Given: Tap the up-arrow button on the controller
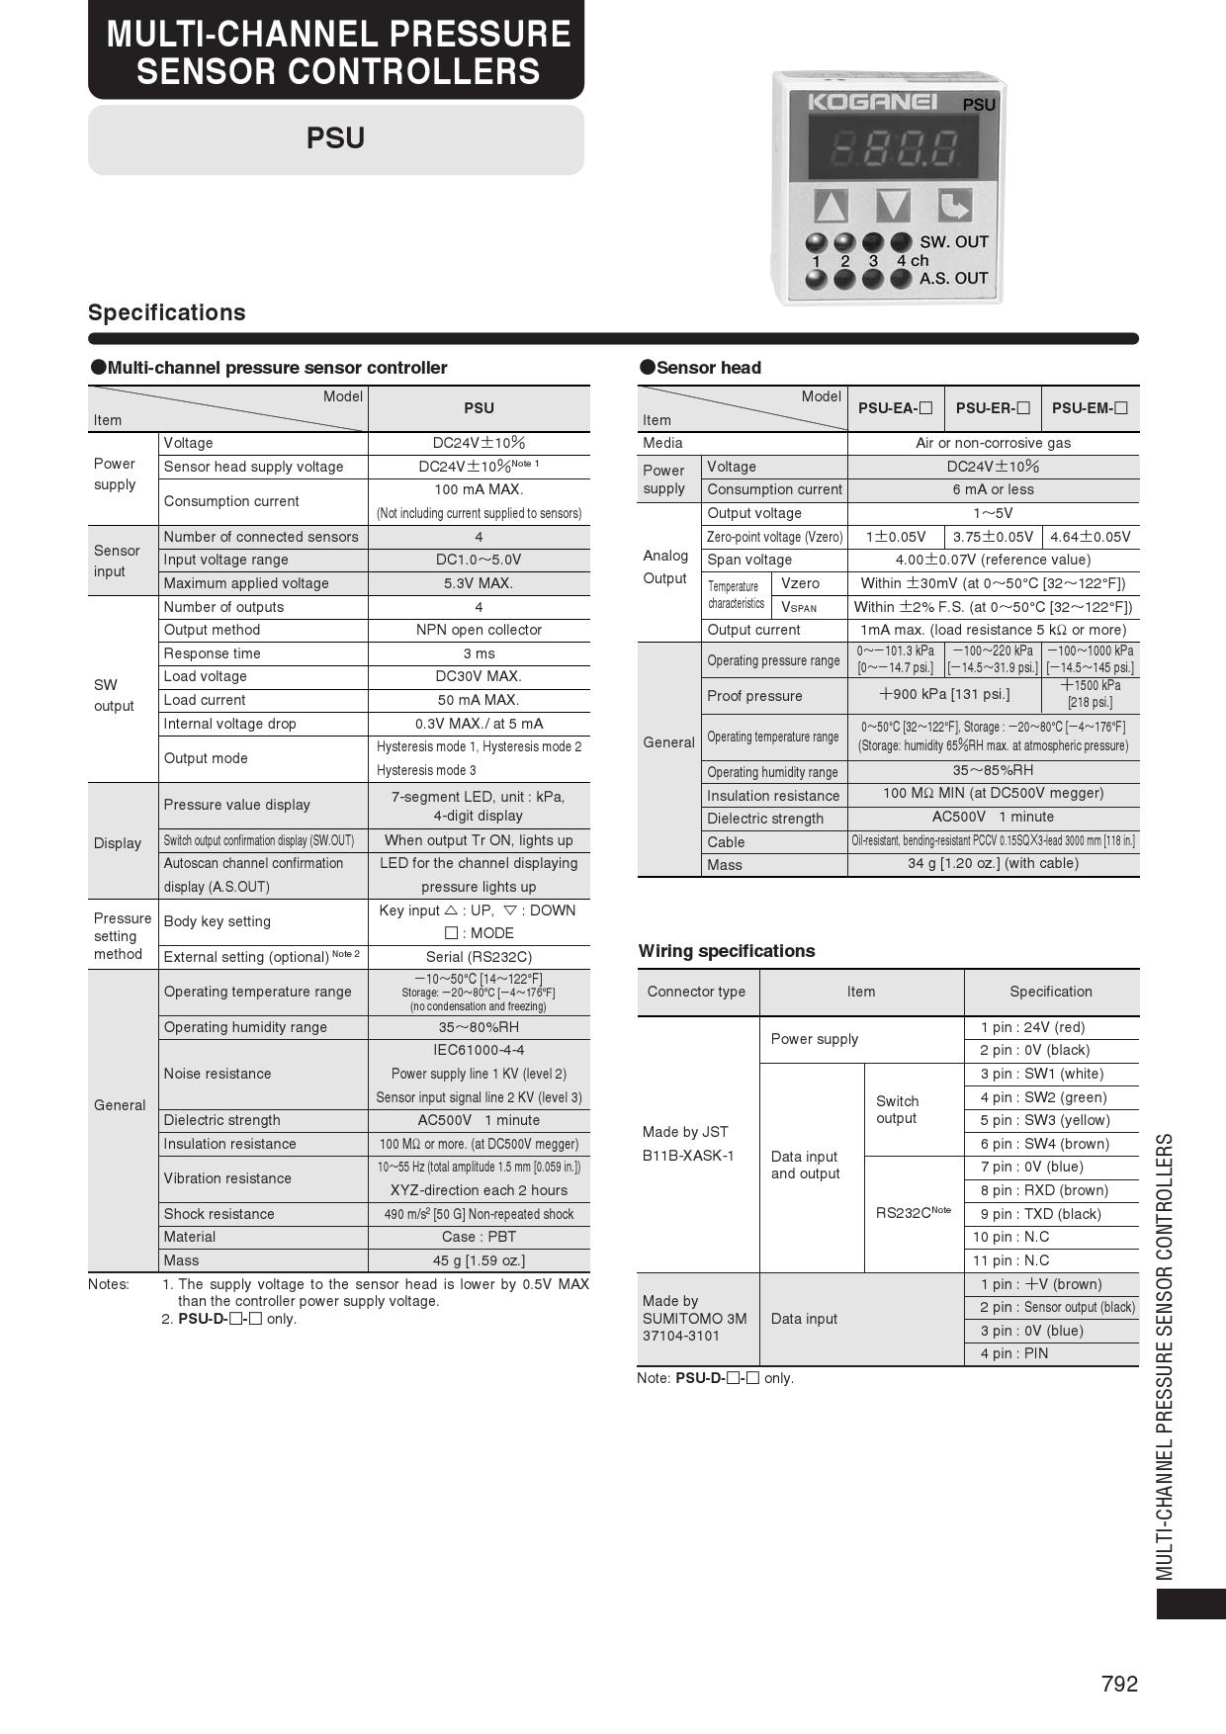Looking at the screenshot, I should pyautogui.click(x=831, y=206).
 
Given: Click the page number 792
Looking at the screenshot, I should pyautogui.click(x=1119, y=1684).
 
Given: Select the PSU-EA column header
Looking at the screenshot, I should pyautogui.click(x=895, y=408).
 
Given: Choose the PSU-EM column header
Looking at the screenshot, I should pyautogui.click(x=1090, y=408).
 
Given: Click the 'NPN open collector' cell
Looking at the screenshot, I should pyautogui.click(x=479, y=630).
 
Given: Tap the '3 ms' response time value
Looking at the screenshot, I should pyautogui.click(x=479, y=653).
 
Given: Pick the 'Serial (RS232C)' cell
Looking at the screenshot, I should pyautogui.click(x=479, y=957).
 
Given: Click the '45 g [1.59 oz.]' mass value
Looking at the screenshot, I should pyautogui.click(x=479, y=1260).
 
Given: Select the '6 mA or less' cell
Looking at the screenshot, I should pyautogui.click(x=993, y=489).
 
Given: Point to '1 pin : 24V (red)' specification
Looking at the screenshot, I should pyautogui.click(x=1032, y=1027).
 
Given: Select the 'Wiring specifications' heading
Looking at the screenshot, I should pyautogui.click(x=727, y=951).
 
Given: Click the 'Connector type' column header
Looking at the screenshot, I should pyautogui.click(x=696, y=992).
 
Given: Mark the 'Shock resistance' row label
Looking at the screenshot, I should pyautogui.click(x=219, y=1214).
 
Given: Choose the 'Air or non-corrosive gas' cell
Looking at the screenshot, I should pyautogui.click(x=993, y=443).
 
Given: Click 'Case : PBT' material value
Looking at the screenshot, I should pyautogui.click(x=479, y=1237).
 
